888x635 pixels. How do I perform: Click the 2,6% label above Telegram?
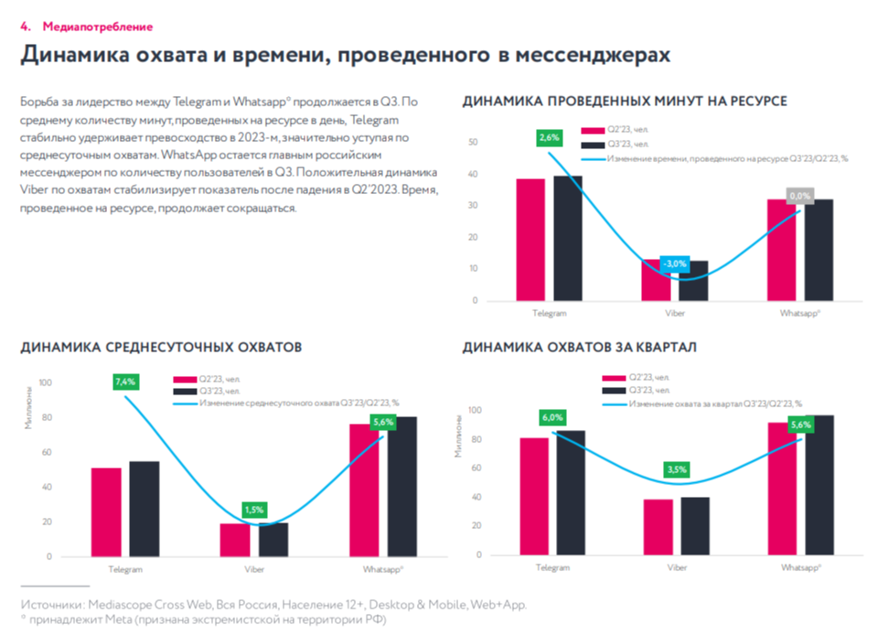[x=550, y=137]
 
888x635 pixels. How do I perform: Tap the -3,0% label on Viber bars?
[x=676, y=264]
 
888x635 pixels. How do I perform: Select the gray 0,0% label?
[x=800, y=196]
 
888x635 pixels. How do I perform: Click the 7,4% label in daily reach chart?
[x=125, y=381]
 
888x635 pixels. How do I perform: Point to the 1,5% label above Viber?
[x=255, y=509]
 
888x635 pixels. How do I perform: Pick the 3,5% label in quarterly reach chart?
[x=677, y=469]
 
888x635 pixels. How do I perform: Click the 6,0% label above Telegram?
[x=552, y=416]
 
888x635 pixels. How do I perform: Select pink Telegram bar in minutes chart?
[x=530, y=239]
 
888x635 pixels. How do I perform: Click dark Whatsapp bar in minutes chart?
[x=819, y=249]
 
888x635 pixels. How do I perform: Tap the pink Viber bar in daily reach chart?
[x=235, y=540]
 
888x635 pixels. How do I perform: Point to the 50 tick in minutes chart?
[x=473, y=143]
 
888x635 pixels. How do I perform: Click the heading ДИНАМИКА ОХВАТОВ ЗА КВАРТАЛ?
[x=580, y=348]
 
